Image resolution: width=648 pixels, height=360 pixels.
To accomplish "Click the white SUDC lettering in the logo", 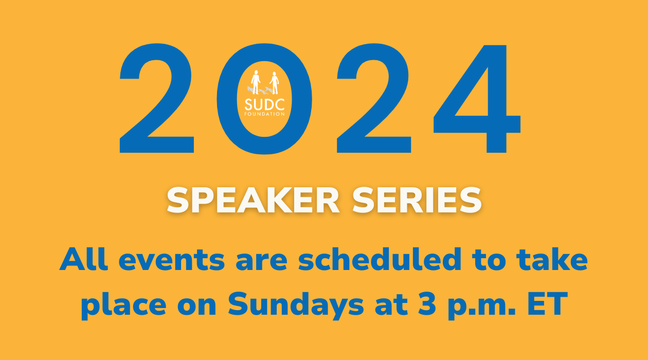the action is (x=264, y=104).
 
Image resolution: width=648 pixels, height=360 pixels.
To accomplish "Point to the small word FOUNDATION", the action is (x=264, y=114).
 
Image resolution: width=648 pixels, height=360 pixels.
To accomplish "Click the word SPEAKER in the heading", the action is (x=253, y=200).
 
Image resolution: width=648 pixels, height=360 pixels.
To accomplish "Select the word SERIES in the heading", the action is (x=417, y=200).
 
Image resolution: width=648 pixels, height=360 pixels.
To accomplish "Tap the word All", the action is (x=84, y=259).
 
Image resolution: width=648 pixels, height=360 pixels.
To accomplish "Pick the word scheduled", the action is (x=380, y=259).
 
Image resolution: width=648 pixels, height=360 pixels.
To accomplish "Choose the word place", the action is (x=124, y=306).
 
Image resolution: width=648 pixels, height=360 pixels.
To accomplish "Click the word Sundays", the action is (x=296, y=305).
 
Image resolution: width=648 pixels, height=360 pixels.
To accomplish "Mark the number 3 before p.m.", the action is (x=427, y=304).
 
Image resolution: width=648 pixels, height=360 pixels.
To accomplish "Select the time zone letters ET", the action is (x=548, y=304).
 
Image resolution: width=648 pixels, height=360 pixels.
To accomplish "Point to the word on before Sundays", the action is (x=196, y=306).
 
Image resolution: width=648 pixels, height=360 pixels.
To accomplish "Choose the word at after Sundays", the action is (x=391, y=305).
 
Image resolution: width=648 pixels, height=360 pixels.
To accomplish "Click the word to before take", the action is (x=489, y=260).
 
